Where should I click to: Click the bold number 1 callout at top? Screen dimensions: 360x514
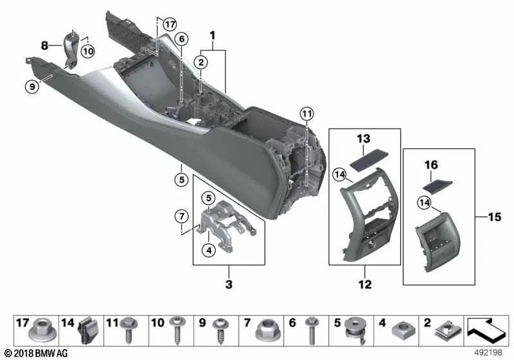(x=213, y=33)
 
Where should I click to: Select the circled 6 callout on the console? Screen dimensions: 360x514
(x=182, y=39)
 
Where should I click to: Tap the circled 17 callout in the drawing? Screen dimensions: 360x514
(x=168, y=24)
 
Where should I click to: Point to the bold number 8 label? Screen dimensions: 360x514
(x=44, y=46)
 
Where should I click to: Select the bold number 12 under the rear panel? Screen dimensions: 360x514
(x=364, y=283)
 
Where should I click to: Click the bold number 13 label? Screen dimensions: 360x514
(x=364, y=139)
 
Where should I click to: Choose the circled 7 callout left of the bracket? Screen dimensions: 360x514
(x=182, y=214)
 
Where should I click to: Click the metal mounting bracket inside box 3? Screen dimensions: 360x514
(x=228, y=222)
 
